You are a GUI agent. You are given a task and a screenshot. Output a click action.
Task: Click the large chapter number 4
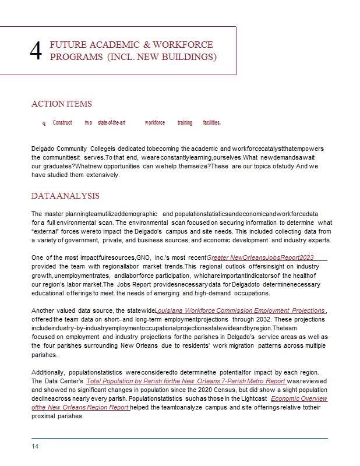(x=36, y=51)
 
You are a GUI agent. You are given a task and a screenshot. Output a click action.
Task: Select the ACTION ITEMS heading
(x=61, y=104)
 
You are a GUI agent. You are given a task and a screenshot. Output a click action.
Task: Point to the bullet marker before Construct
(x=44, y=123)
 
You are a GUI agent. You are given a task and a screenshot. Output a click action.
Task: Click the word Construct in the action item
(x=62, y=123)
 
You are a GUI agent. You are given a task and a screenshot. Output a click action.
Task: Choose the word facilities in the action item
(x=211, y=123)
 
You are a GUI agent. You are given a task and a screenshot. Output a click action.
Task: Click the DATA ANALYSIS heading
(x=65, y=196)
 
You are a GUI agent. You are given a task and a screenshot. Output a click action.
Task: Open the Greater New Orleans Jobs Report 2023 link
(x=260, y=257)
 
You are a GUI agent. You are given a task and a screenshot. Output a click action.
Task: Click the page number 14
(x=35, y=446)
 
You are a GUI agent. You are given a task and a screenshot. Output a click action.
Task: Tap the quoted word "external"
(x=45, y=231)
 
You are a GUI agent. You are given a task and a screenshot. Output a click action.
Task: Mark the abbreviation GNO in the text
(x=143, y=257)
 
